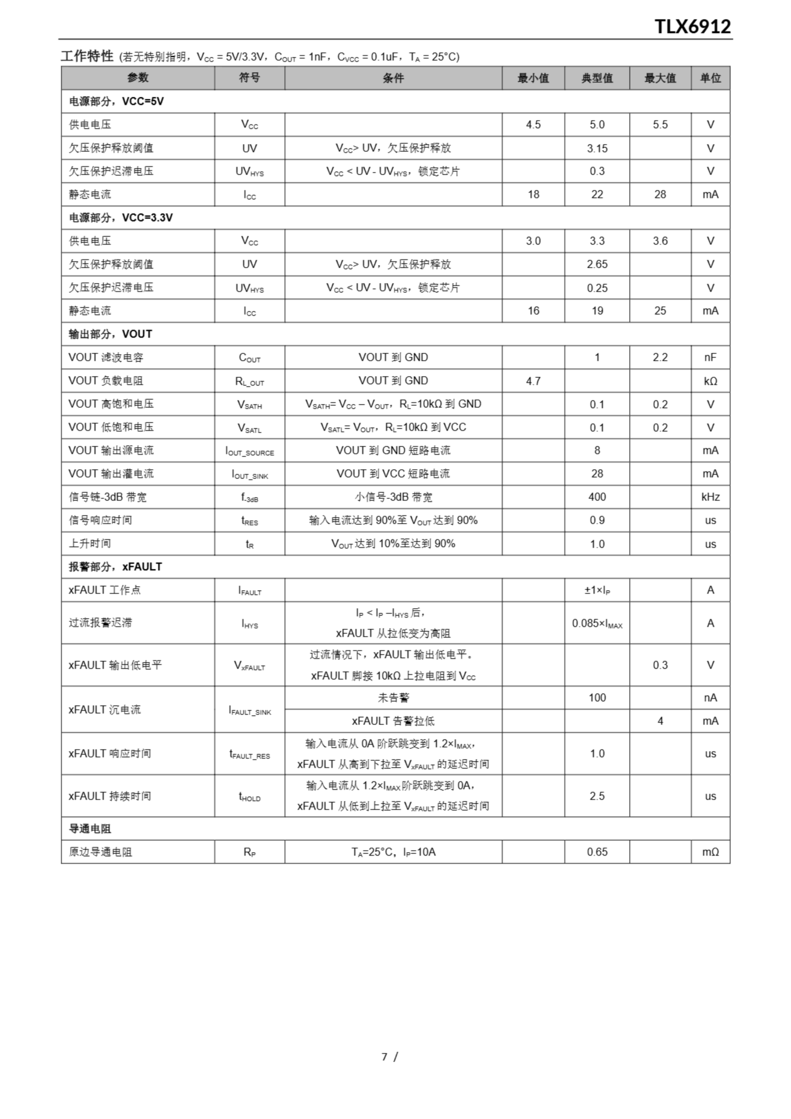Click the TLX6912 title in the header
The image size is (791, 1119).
pyautogui.click(x=692, y=26)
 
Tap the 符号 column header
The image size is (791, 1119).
pyautogui.click(x=249, y=78)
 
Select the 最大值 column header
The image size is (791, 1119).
pyautogui.click(x=660, y=78)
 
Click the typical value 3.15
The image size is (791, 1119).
pyautogui.click(x=597, y=148)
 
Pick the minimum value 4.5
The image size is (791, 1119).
pyautogui.click(x=533, y=125)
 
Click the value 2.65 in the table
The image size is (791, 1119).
pyautogui.click(x=597, y=264)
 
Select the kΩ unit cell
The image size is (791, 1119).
pyautogui.click(x=710, y=381)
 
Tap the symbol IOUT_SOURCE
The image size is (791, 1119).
pyautogui.click(x=250, y=451)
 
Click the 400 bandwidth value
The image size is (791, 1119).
pyautogui.click(x=597, y=497)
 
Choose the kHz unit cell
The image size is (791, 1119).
pyautogui.click(x=710, y=497)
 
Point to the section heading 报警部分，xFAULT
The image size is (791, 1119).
pyautogui.click(x=115, y=567)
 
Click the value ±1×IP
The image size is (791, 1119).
pyautogui.click(x=597, y=590)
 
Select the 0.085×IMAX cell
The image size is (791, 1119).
pyautogui.click(x=597, y=623)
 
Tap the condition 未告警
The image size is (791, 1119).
pyautogui.click(x=393, y=698)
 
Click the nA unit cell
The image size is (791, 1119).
pyautogui.click(x=710, y=698)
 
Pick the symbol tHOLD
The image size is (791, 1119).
pyautogui.click(x=250, y=796)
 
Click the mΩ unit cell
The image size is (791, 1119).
pyautogui.click(x=710, y=852)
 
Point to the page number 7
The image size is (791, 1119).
pyautogui.click(x=385, y=1056)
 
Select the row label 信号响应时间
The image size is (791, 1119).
pyautogui.click(x=101, y=520)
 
